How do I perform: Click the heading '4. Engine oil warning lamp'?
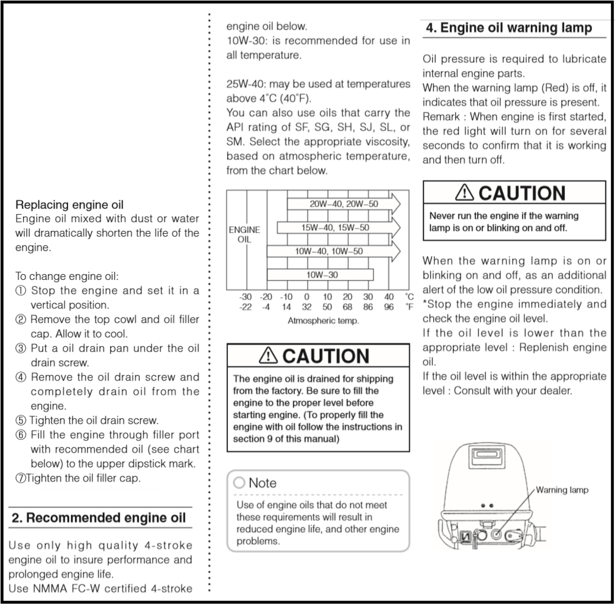(x=508, y=28)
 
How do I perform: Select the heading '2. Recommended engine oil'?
(x=99, y=518)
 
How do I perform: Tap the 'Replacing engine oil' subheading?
(x=69, y=205)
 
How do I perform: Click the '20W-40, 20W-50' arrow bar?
(x=343, y=204)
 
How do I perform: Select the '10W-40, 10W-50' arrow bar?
(x=333, y=251)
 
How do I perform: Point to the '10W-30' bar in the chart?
(x=320, y=275)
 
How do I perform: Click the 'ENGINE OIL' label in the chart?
(x=244, y=234)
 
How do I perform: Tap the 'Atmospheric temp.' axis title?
(x=323, y=320)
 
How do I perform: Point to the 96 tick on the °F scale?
(x=389, y=307)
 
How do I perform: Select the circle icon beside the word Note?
(x=240, y=483)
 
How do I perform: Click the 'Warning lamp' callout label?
(x=562, y=490)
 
